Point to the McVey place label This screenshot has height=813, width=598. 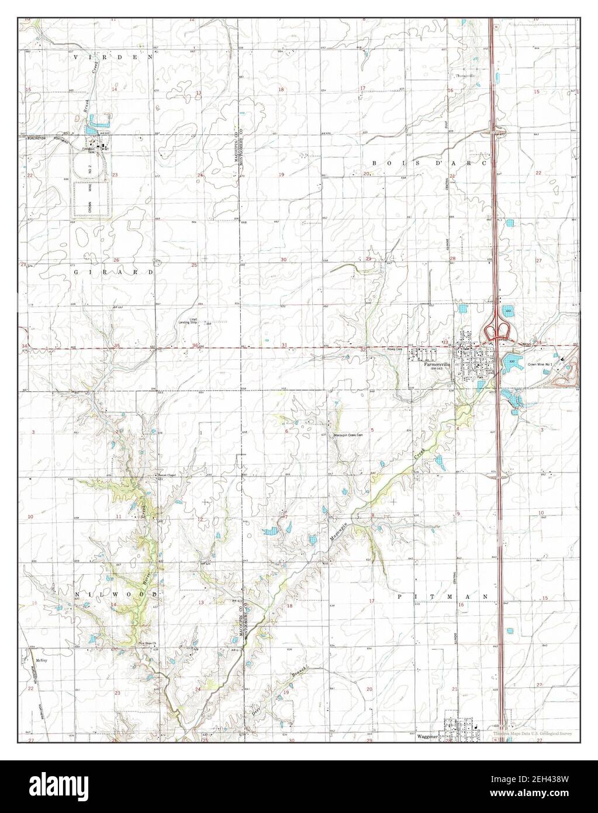coord(40,660)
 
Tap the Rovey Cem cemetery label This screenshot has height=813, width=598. coord(396,349)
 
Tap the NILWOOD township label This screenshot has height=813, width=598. coord(117,594)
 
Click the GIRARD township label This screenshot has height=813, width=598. coord(114,273)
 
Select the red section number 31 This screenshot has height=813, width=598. coord(284,346)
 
